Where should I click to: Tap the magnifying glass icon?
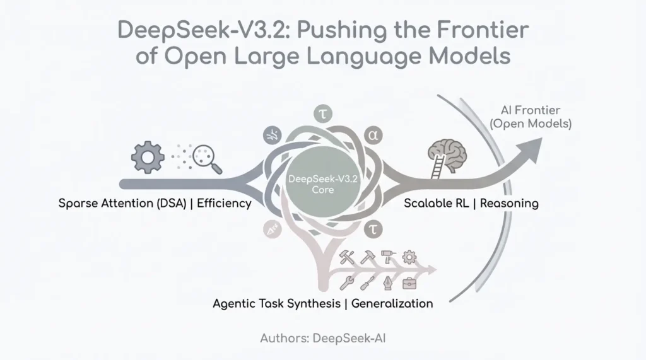click(208, 158)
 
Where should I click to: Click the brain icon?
click(447, 153)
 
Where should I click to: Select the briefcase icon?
click(409, 282)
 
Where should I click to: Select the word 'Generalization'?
click(392, 303)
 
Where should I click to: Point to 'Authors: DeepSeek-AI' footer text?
click(322, 338)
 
